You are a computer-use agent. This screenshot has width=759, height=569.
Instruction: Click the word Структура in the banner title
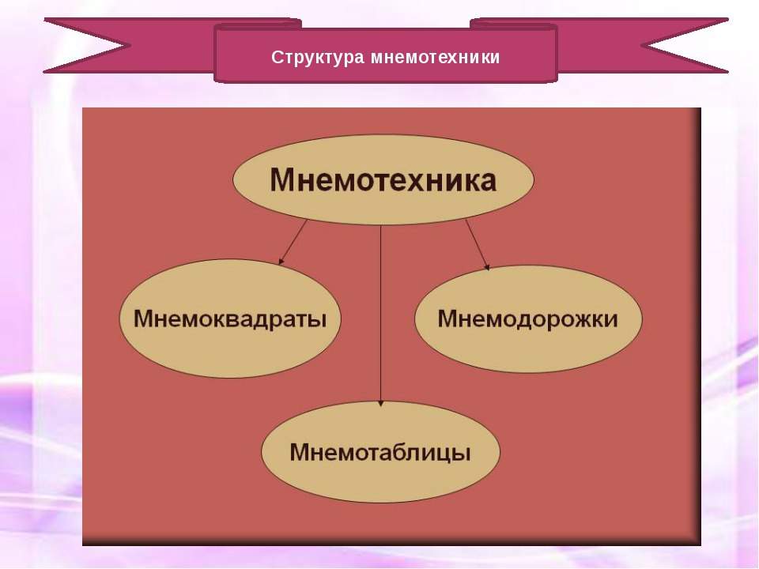(318, 58)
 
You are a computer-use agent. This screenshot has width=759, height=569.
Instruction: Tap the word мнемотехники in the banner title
(435, 58)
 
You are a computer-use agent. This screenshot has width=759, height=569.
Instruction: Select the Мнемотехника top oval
(383, 179)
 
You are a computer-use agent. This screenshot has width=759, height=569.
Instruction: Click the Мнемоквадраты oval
(230, 318)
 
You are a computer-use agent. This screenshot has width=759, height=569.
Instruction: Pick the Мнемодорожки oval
(528, 318)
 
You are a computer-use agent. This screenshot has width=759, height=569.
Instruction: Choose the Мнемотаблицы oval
(380, 452)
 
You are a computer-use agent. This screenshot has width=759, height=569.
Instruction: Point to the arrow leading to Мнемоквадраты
(293, 242)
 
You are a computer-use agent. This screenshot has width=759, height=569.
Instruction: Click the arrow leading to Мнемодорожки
(478, 244)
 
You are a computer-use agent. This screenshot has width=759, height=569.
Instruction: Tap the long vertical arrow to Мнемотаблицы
(381, 315)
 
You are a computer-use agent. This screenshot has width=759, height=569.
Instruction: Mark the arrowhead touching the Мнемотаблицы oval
(381, 403)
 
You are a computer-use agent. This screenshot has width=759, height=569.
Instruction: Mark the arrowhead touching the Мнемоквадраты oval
(281, 262)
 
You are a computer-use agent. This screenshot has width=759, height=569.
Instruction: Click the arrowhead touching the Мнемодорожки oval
(487, 267)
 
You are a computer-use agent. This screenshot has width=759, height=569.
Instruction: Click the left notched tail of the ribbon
(87, 46)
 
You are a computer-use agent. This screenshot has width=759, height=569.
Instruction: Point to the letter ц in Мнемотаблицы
(439, 454)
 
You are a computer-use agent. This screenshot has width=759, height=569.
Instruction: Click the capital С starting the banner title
(277, 57)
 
